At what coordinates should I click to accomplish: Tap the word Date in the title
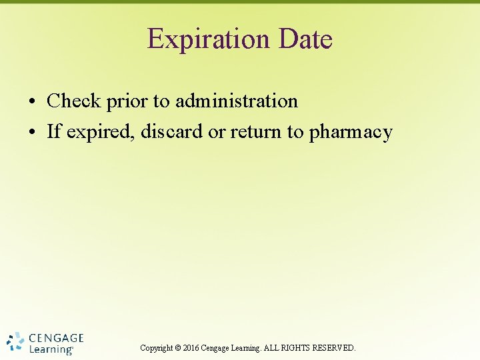(x=306, y=39)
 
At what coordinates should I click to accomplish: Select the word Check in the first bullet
(x=73, y=101)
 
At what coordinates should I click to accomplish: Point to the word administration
(x=236, y=101)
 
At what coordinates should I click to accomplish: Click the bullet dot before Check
(x=32, y=103)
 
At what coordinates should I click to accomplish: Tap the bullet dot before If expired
(x=32, y=133)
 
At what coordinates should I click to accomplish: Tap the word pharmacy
(x=351, y=133)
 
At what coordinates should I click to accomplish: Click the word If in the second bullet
(x=54, y=132)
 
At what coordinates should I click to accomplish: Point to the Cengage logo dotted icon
(x=15, y=342)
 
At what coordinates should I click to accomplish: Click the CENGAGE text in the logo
(x=57, y=338)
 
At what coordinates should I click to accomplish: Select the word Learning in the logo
(x=51, y=349)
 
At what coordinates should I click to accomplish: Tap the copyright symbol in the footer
(x=177, y=348)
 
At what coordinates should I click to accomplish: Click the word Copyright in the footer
(x=157, y=348)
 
